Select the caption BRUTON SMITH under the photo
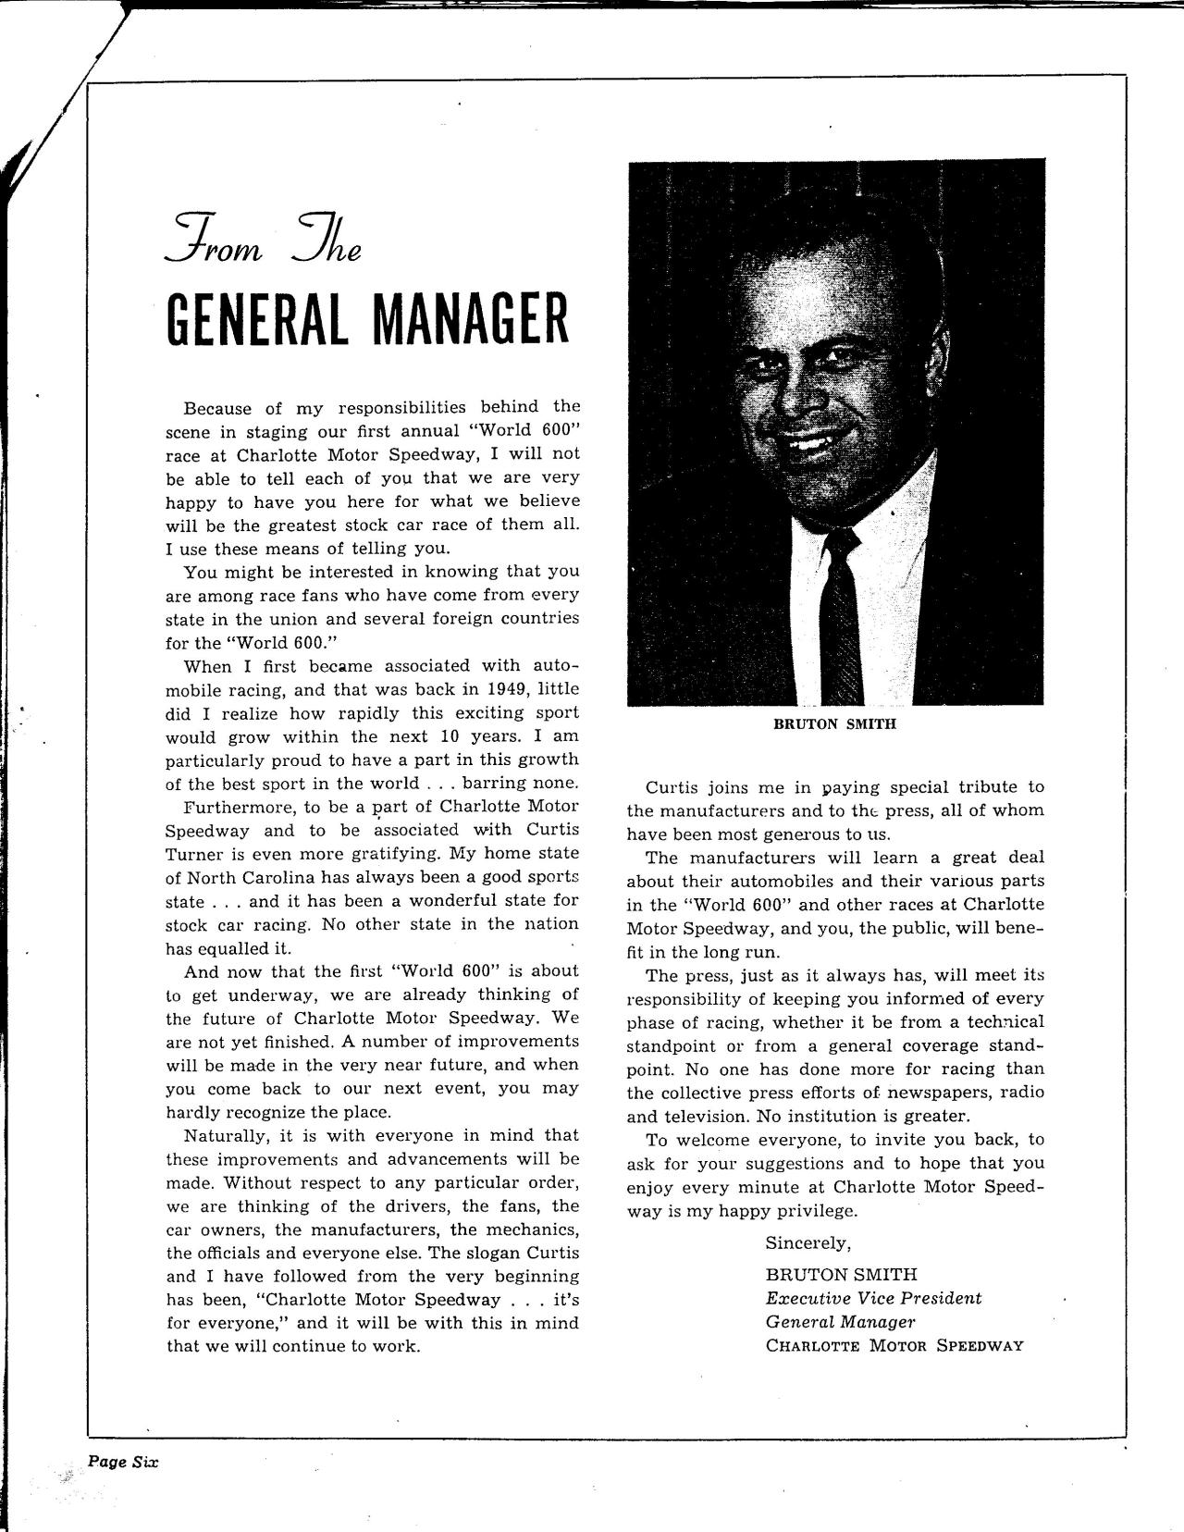[x=834, y=724]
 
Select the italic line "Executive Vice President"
[x=873, y=1298]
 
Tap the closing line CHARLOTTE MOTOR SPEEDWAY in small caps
[x=894, y=1346]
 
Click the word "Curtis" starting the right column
[x=675, y=787]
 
